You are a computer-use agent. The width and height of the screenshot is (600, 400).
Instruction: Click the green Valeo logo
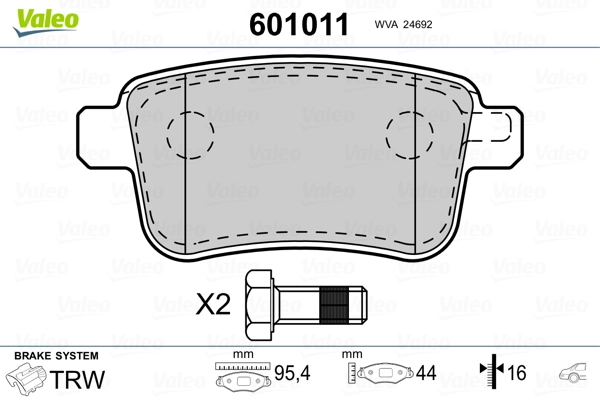(46, 22)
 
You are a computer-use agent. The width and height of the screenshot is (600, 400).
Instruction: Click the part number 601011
(299, 24)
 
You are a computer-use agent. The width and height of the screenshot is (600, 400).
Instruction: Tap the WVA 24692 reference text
(403, 24)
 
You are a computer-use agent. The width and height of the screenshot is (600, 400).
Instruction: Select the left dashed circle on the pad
(190, 135)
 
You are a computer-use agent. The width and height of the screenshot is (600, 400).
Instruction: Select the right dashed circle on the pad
(409, 135)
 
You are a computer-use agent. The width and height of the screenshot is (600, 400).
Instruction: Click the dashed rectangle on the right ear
(491, 127)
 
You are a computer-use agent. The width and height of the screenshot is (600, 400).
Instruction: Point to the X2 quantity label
(213, 304)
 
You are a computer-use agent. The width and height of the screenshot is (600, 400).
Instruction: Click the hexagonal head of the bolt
(259, 305)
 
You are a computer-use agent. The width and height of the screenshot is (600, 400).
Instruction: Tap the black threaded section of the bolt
(334, 305)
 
